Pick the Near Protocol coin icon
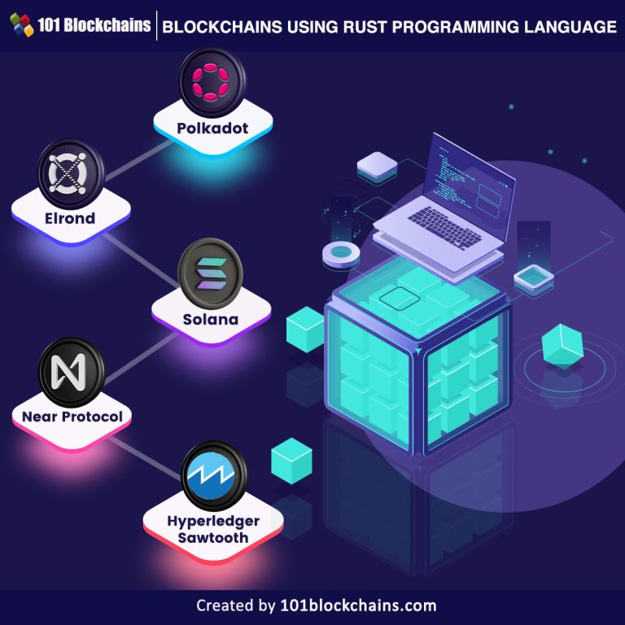(72, 373)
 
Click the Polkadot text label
(213, 128)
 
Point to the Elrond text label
(70, 218)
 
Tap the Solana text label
(211, 319)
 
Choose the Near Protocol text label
(72, 417)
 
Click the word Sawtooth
(213, 537)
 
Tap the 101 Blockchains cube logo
(23, 26)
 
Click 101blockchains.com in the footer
(357, 605)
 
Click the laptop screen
(467, 173)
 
